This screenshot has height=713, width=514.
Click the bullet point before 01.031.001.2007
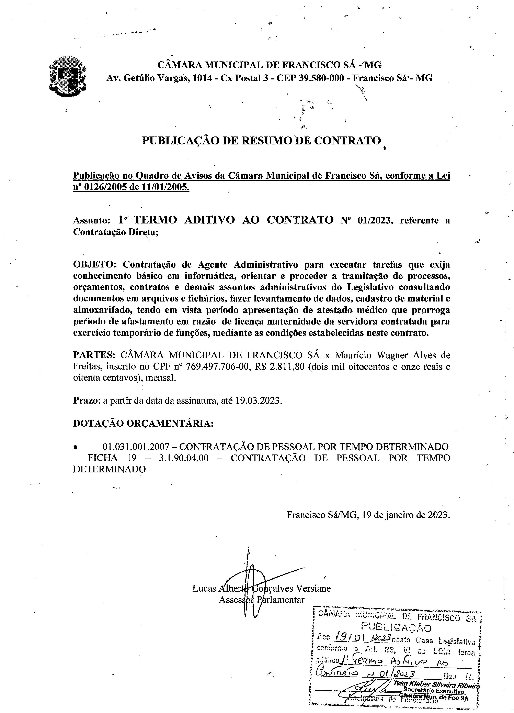pyautogui.click(x=75, y=447)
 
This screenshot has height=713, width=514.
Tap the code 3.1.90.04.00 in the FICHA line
pyautogui.click(x=183, y=458)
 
